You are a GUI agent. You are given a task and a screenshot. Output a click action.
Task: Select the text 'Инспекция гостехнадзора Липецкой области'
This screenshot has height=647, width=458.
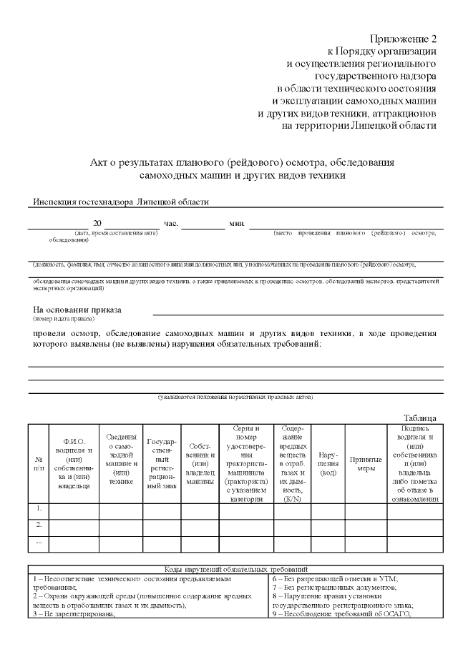pos(121,202)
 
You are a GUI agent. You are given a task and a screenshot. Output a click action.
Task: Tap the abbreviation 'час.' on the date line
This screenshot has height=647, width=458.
pos(171,224)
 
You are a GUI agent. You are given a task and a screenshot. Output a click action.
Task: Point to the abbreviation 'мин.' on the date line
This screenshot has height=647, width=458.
pos(237,224)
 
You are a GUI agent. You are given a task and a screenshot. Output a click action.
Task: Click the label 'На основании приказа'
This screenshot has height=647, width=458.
pos(77,310)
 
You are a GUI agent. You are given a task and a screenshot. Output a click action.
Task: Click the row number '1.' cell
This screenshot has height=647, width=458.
pos(38,509)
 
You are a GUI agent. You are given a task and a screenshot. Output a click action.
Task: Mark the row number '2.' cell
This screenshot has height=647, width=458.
pos(38,526)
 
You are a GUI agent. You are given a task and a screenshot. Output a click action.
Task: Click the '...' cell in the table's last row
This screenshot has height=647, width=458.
pos(38,543)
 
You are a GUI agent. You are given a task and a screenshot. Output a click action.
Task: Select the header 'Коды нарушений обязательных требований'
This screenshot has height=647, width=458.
pos(236,568)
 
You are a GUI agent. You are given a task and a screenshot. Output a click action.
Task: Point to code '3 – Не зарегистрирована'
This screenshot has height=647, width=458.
pos(74,614)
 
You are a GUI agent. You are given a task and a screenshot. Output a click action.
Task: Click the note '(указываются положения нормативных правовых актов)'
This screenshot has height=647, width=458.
pos(235,397)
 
